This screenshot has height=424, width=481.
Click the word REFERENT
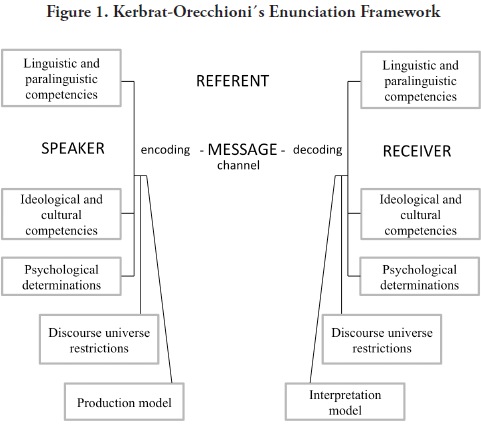point(232,81)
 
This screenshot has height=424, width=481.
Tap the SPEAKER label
point(73,148)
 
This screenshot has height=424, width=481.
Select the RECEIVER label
point(417,151)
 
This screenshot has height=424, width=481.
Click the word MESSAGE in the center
point(242,149)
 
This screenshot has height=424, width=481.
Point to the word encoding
point(165,150)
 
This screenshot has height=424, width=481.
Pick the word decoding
point(318,150)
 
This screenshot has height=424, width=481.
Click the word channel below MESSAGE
point(238,165)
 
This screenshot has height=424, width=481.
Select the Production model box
point(124,401)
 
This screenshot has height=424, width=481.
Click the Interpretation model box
point(345,401)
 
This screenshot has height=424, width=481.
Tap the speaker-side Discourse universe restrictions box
point(99,339)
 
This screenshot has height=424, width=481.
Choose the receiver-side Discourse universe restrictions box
point(382,339)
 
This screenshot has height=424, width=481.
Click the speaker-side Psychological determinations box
point(61,276)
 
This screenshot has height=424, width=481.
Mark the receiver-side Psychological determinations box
point(420,276)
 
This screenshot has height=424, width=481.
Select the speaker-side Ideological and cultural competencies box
point(61,214)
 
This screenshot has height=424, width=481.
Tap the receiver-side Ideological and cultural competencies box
point(420,214)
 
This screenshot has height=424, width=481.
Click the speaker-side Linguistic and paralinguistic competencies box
point(61,78)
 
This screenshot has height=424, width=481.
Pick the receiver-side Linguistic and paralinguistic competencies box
point(420,80)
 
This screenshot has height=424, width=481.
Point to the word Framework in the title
point(400,12)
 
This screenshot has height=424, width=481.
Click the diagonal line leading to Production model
point(159,279)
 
